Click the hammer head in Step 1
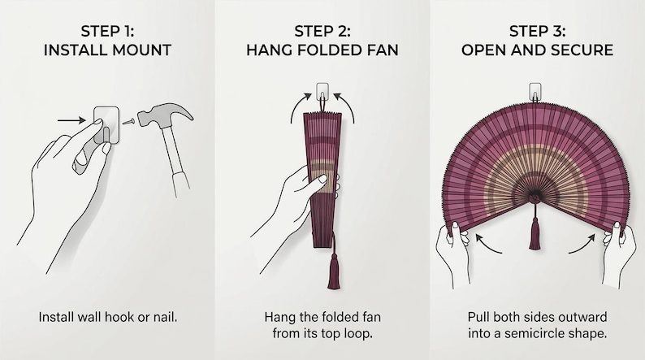pyautogui.click(x=162, y=115)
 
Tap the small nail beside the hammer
pyautogui.click(x=128, y=121)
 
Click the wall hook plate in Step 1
pyautogui.click(x=106, y=125)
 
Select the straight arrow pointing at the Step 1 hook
pyautogui.click(x=71, y=120)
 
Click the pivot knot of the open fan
pyautogui.click(x=535, y=198)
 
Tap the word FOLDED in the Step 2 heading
pyautogui.click(x=328, y=50)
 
